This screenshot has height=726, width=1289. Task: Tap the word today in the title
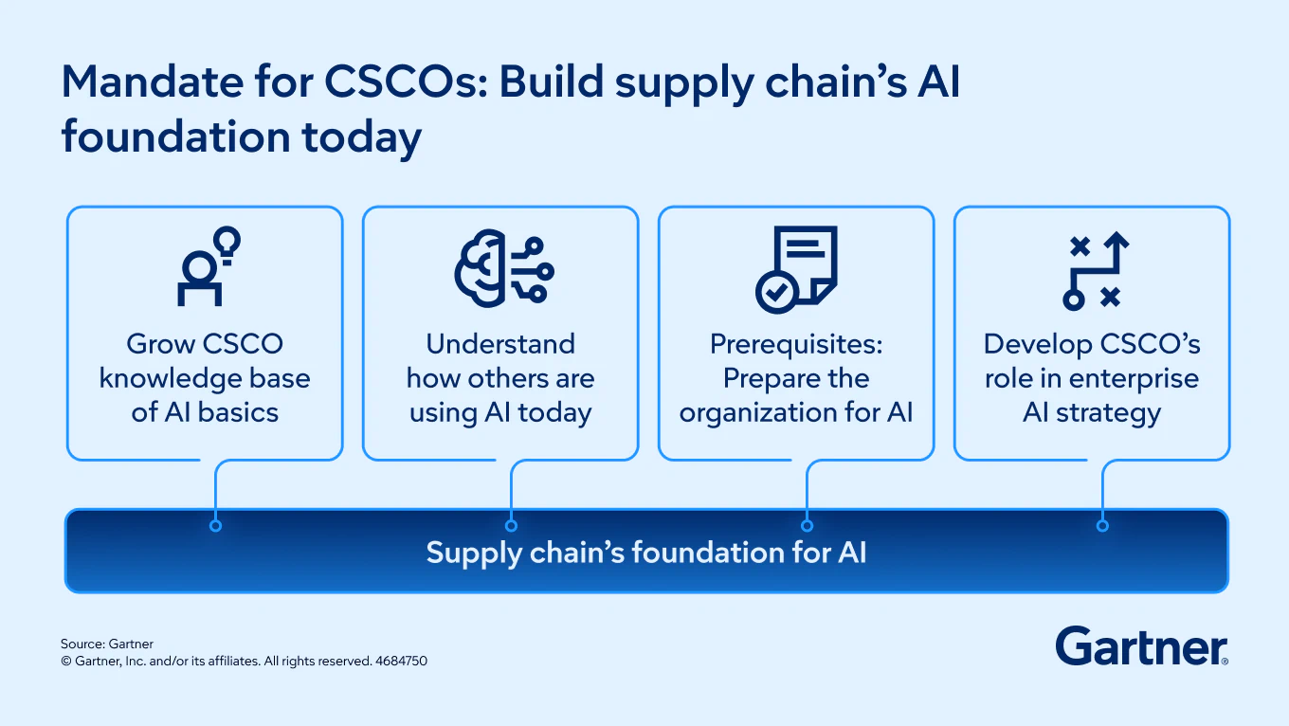[x=361, y=138]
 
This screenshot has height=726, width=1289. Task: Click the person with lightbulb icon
[x=209, y=265]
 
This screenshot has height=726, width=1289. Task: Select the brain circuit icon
[x=504, y=268]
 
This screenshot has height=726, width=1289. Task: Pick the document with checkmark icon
[x=796, y=269]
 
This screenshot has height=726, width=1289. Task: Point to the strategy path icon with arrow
[x=1096, y=270]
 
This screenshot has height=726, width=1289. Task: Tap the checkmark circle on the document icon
[x=777, y=292]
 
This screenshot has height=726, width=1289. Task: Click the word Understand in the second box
[x=500, y=345]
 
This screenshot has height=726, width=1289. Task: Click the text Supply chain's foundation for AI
[x=646, y=553]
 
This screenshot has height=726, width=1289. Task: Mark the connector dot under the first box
[x=216, y=526]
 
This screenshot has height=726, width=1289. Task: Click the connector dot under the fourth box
[x=1102, y=526]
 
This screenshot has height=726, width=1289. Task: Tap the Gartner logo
[x=1142, y=646]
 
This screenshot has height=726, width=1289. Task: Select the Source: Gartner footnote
[x=107, y=644]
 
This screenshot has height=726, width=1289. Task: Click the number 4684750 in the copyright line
[x=401, y=661]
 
